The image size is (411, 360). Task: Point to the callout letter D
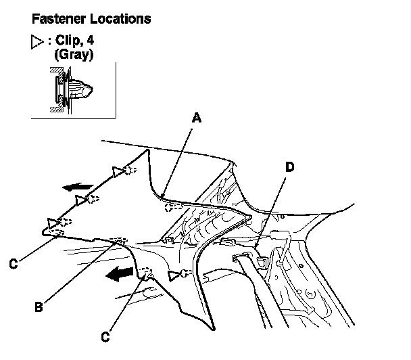[x=289, y=166]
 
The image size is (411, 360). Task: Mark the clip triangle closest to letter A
[x=119, y=172]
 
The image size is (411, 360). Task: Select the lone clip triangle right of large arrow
[x=175, y=274]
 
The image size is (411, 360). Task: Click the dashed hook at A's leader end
[x=174, y=206]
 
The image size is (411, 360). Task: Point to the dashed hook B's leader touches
[x=120, y=240]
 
